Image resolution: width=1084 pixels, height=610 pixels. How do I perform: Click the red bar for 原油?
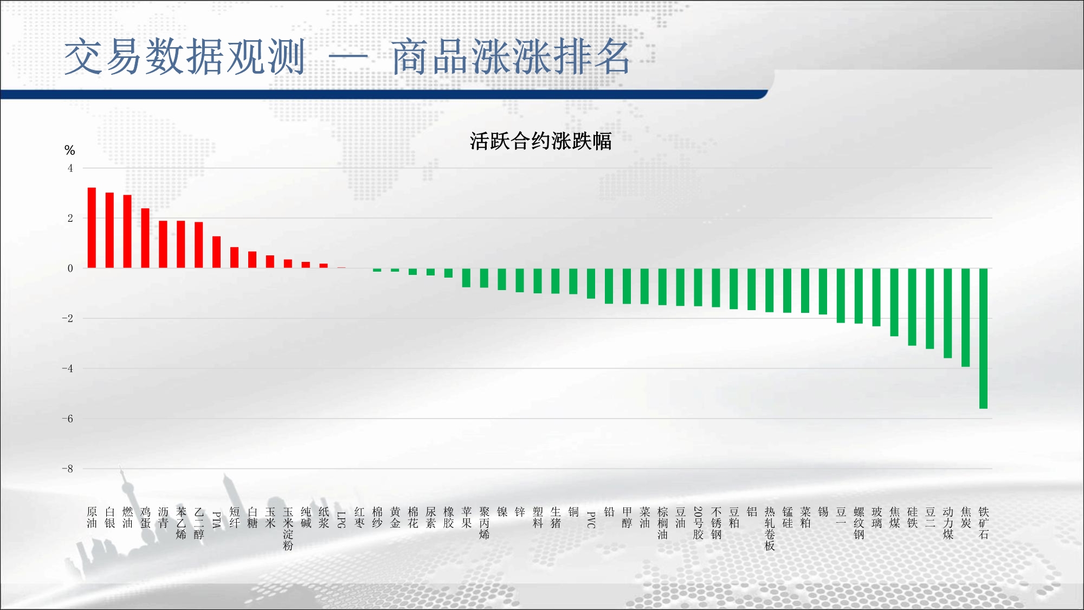coord(92,228)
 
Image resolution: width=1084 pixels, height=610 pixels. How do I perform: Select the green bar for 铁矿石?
coord(983,338)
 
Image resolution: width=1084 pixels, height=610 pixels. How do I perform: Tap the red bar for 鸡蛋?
coord(145,238)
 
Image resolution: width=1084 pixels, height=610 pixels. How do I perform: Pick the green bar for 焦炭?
coord(965,318)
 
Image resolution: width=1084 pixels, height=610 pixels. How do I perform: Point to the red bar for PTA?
coord(216,252)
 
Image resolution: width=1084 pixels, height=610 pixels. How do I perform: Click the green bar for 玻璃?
coord(876,297)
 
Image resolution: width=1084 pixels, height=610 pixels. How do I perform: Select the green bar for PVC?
coord(591,284)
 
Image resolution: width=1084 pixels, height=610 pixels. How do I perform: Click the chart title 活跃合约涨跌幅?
coord(540,141)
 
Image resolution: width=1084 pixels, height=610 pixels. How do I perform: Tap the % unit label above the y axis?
coord(69,150)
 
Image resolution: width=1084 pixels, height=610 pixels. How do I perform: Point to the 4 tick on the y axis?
coord(70,168)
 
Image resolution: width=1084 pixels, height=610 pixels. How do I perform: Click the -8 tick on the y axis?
coord(67,468)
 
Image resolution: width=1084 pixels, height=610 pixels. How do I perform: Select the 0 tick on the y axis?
coord(70,268)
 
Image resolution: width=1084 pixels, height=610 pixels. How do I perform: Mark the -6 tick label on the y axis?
coord(67,419)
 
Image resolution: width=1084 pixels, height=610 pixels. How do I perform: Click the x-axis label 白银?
coord(109,517)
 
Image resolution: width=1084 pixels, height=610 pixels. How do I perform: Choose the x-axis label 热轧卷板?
coord(770,529)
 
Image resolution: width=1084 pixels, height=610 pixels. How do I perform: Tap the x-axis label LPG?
coord(341,519)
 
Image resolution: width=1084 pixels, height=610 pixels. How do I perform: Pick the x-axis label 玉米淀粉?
coord(288,529)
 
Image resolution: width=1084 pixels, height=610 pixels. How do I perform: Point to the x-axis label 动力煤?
coord(948,523)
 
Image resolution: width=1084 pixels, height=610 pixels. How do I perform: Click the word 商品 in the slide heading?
coord(430,56)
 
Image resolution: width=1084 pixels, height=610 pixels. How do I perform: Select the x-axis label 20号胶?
coord(698,523)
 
